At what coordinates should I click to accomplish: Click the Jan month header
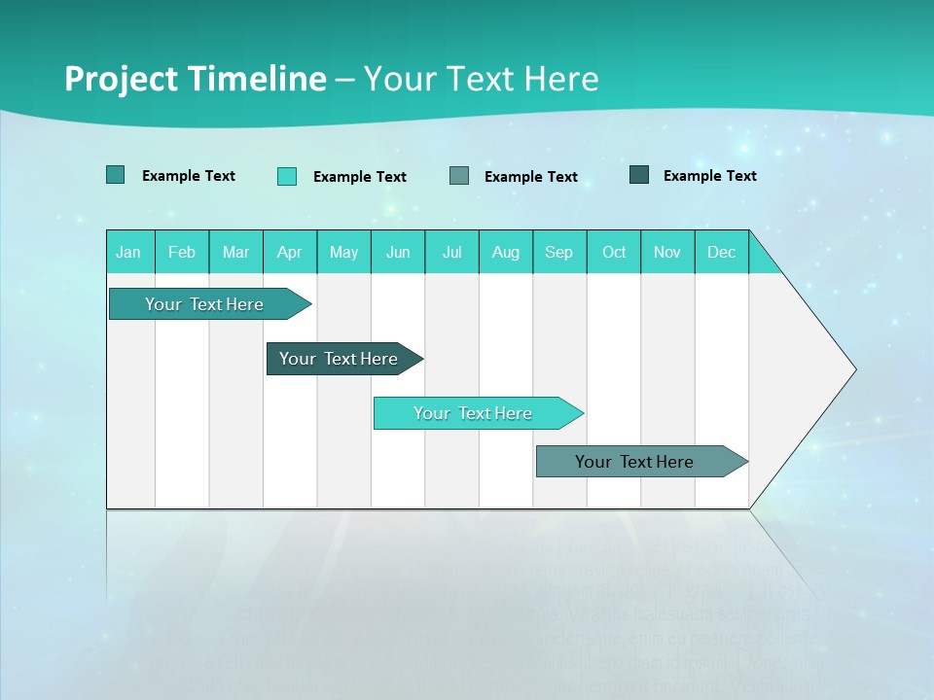pos(129,252)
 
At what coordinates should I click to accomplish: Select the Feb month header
pos(182,252)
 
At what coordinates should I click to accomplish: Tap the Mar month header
pos(235,252)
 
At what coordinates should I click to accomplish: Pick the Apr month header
pos(290,252)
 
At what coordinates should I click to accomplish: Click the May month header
pos(343,252)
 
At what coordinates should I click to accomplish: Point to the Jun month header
pos(398,252)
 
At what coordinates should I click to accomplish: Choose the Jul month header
pos(451,252)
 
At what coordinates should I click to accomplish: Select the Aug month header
pos(506,252)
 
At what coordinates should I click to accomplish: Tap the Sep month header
pos(559,252)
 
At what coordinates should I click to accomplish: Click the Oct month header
pos(614,252)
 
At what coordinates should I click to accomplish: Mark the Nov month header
pos(667,252)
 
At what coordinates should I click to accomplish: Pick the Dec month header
pos(721,252)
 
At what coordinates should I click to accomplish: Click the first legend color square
pos(116,175)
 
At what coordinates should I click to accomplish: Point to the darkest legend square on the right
pos(639,175)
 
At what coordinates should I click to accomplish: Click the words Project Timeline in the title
pos(196,79)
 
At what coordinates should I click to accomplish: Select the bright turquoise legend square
pos(287,176)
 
